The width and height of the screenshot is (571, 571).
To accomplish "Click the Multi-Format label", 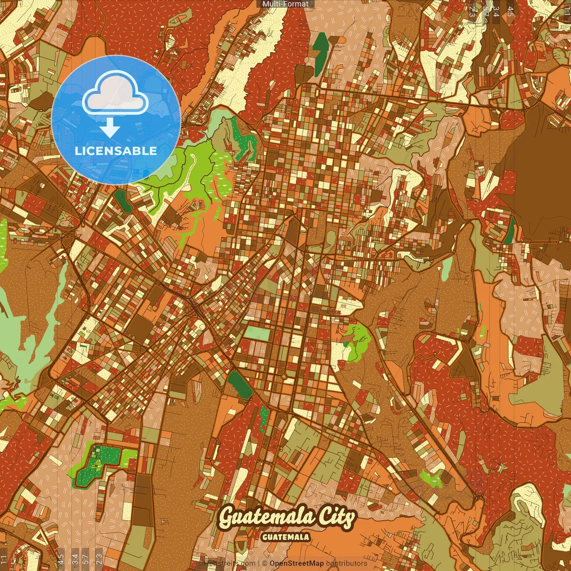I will (285, 4).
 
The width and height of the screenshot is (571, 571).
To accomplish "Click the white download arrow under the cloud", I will (110, 128).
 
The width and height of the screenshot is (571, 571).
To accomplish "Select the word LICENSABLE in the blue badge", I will (116, 151).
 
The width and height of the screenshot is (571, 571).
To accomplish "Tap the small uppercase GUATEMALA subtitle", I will (286, 537).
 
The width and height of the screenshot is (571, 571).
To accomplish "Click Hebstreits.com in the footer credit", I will (229, 563).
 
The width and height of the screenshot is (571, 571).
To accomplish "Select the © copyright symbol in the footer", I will (265, 563).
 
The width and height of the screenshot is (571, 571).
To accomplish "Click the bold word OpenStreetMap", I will (297, 563).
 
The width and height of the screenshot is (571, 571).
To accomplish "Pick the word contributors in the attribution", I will (346, 563).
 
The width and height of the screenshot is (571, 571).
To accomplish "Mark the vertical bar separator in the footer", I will (259, 563).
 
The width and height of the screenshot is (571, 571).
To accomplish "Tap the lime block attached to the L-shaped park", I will (130, 455).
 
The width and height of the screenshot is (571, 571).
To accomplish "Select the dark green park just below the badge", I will (122, 201).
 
